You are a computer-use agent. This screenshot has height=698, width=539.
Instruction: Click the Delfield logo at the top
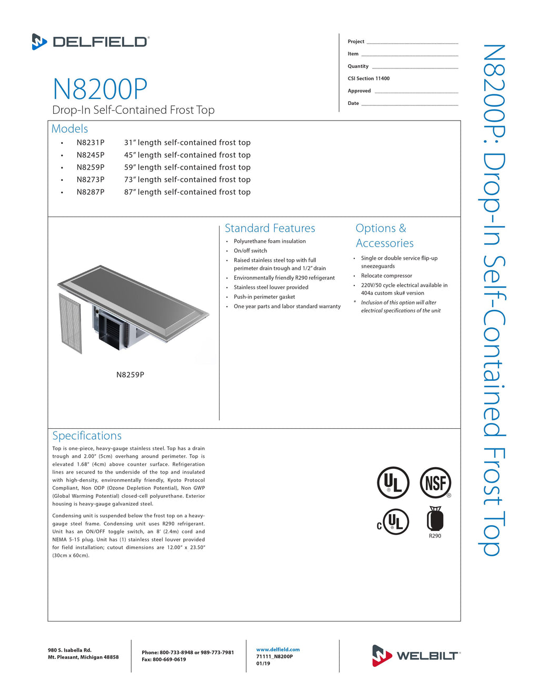[x=91, y=42]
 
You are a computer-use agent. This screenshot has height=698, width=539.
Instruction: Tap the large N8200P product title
[x=100, y=89]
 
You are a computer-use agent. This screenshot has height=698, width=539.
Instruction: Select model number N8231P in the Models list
[x=91, y=143]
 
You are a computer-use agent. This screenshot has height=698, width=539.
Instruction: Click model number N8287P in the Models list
[x=91, y=192]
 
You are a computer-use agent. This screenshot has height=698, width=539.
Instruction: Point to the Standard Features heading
[x=269, y=228]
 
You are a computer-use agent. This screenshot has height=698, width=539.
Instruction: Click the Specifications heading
[x=87, y=436]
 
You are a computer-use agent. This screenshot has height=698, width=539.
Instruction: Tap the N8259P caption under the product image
[x=130, y=375]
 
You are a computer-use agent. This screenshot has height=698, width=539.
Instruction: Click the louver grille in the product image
[x=71, y=323]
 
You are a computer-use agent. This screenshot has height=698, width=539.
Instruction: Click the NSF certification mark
[x=435, y=483]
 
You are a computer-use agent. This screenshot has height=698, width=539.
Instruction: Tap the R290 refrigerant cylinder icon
[x=435, y=519]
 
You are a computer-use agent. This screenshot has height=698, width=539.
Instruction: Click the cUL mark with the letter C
[x=393, y=522]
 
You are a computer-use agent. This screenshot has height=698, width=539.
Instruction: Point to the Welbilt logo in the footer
[x=416, y=655]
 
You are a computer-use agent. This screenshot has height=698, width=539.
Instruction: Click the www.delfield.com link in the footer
[x=278, y=650]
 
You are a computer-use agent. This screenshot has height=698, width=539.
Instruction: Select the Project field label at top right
[x=356, y=42]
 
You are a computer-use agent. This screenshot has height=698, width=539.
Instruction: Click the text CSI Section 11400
[x=368, y=78]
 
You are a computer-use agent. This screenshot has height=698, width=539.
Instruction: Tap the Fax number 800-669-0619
[x=164, y=660]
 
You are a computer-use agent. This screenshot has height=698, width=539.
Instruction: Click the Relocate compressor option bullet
[x=386, y=276]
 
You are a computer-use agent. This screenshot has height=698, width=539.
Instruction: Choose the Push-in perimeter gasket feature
[x=264, y=297]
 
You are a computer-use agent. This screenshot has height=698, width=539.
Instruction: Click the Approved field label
[x=359, y=91]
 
